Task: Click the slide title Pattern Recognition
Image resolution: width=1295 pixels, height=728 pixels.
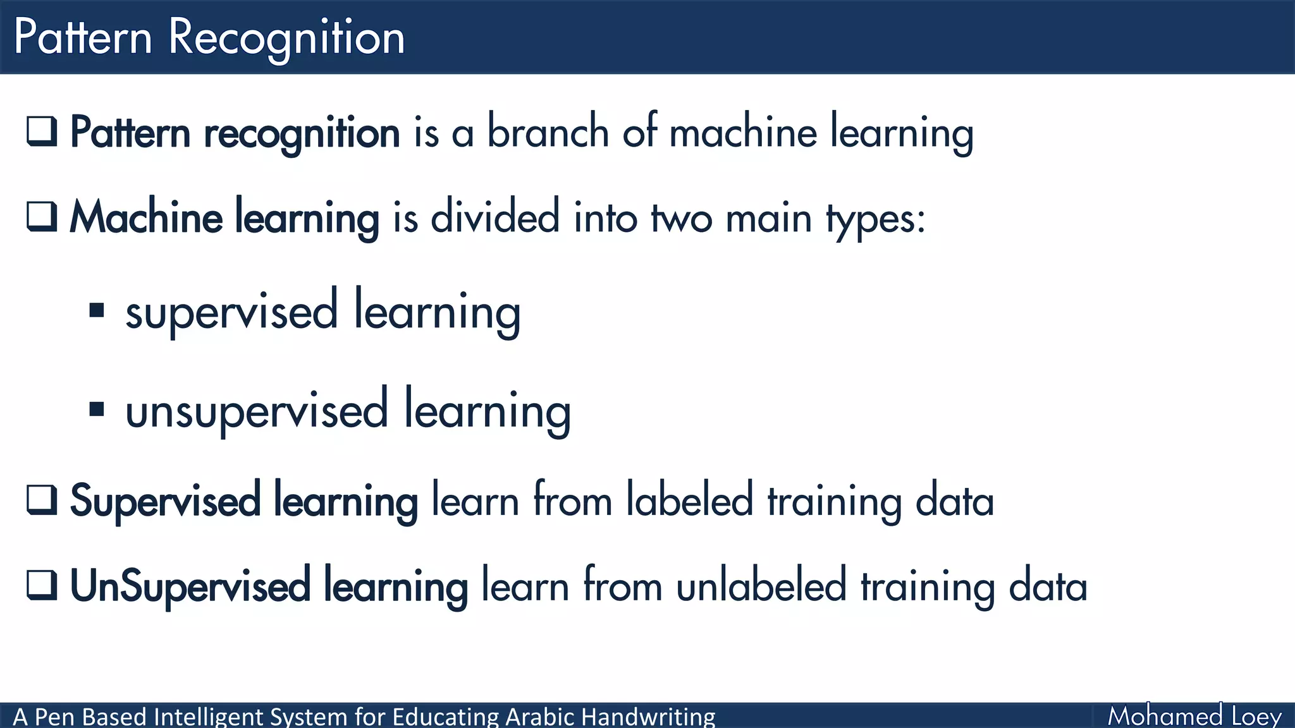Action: coord(209,38)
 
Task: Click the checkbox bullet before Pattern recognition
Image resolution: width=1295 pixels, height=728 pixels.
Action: coord(42,131)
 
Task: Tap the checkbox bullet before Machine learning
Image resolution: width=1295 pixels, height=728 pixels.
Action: coord(42,217)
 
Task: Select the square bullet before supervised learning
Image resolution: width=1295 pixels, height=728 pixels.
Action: coord(97,310)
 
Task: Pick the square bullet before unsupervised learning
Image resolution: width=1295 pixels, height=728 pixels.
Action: coord(97,409)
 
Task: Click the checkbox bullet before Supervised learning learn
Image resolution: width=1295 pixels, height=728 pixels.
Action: coord(42,500)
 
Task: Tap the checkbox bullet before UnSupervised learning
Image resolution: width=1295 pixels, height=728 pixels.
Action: coord(42,585)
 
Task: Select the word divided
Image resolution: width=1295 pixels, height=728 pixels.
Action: coord(495,217)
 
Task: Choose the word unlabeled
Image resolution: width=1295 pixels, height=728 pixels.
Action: coord(761,585)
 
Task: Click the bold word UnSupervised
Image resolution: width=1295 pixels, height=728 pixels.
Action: coord(190,586)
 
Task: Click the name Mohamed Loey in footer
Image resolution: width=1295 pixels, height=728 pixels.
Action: coord(1194,716)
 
